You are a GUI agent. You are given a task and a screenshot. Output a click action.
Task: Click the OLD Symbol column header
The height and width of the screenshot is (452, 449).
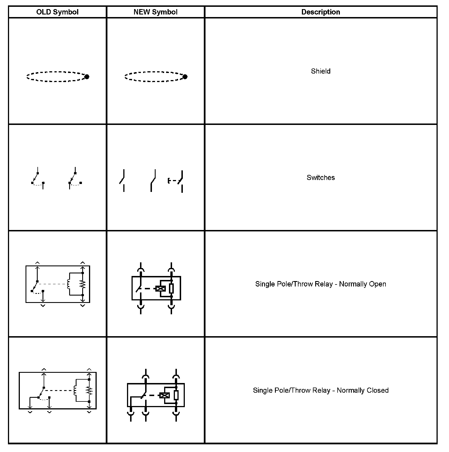tap(57, 12)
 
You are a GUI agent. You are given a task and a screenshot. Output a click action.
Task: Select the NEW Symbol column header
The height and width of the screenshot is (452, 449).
tap(155, 12)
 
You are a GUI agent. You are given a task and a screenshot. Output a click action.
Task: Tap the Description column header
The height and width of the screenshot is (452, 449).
tap(321, 12)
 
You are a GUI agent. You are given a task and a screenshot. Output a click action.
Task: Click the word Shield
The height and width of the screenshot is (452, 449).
tap(321, 71)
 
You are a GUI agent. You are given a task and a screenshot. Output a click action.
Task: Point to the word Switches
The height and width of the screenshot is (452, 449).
tap(321, 177)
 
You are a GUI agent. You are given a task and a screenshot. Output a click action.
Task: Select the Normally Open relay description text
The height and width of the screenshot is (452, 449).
tap(321, 284)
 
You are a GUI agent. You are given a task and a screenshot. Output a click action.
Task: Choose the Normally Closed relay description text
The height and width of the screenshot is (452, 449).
tap(321, 390)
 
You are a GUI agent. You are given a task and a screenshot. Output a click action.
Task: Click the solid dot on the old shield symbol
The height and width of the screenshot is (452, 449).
tap(87, 77)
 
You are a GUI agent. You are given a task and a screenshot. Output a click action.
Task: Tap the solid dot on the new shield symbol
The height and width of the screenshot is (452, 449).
tap(185, 77)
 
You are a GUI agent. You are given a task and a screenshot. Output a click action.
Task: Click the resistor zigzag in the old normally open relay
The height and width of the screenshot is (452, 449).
tap(82, 284)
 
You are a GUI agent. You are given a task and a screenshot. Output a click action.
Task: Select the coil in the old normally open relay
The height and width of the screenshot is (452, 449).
tap(68, 284)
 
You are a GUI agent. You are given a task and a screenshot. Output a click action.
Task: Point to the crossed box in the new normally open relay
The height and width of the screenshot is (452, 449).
tap(160, 289)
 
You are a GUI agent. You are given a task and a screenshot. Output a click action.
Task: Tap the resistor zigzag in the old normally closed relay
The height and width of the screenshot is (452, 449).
tap(89, 391)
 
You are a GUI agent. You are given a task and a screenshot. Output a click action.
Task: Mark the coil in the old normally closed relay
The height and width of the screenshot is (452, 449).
tap(75, 391)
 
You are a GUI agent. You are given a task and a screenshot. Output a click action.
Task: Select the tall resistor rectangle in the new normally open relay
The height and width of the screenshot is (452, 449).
tap(171, 288)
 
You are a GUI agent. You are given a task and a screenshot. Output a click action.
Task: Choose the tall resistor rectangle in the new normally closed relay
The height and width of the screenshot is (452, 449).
tap(176, 395)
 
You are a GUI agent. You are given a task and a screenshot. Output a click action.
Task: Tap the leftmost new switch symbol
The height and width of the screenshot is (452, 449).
tap(122, 181)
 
